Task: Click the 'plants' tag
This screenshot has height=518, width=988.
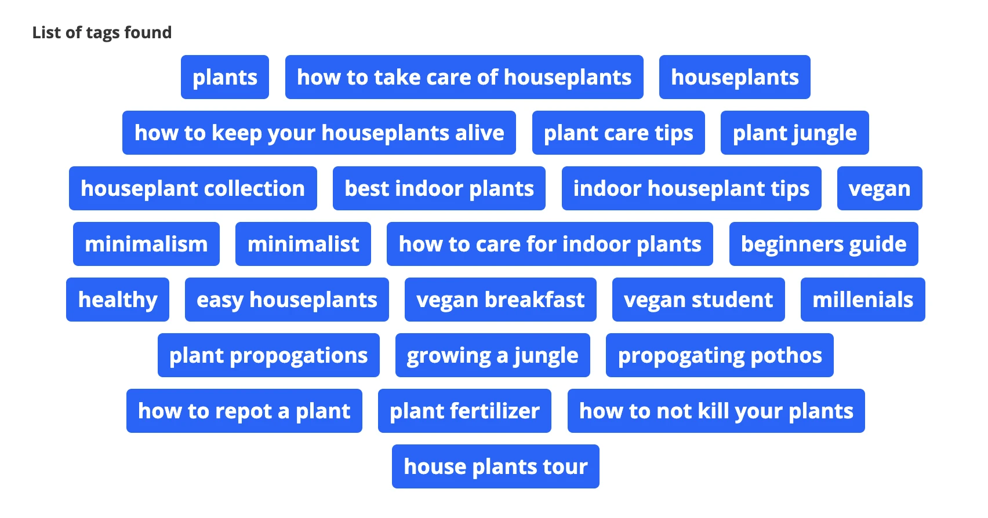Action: (225, 77)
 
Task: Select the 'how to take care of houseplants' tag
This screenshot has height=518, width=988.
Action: (464, 77)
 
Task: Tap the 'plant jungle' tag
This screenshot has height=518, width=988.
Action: (795, 133)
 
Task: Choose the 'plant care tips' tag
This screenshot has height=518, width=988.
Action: (619, 133)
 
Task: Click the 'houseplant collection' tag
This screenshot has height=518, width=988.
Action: (192, 188)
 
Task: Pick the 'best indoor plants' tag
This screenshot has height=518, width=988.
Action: (439, 188)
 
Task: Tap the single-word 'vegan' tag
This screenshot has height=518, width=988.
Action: (880, 188)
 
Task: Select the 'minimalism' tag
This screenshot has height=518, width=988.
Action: (147, 244)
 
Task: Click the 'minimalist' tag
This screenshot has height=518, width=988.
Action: (303, 244)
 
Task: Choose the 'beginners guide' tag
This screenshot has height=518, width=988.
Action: (823, 244)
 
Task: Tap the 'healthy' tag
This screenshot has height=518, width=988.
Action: (118, 300)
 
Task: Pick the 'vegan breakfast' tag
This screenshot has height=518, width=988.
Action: (500, 300)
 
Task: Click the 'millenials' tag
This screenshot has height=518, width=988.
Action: (863, 300)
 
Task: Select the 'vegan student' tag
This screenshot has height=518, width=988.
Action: (699, 300)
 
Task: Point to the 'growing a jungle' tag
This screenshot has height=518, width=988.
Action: (493, 355)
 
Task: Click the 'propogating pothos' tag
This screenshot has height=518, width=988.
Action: (720, 355)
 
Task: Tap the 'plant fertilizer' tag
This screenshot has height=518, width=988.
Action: (464, 410)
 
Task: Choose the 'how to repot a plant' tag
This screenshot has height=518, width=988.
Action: (244, 410)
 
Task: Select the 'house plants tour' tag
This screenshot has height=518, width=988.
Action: (496, 466)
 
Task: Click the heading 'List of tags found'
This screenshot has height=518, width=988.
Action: (102, 32)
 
